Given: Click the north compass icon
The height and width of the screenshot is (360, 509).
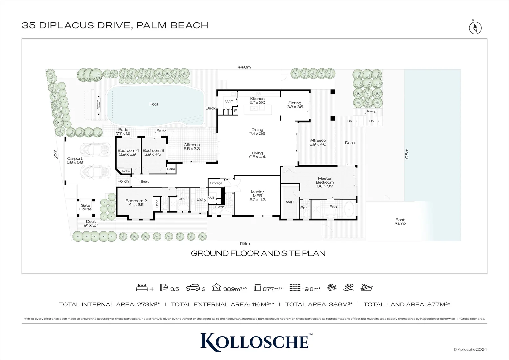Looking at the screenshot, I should [475, 27].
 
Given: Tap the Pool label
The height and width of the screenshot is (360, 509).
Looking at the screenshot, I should [154, 104].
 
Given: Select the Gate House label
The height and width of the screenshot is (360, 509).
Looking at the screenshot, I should [85, 207].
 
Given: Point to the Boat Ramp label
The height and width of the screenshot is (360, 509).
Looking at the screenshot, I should [400, 222].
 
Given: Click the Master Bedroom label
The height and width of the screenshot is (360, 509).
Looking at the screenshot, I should [325, 180].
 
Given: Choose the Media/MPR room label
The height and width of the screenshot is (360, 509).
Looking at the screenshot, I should [257, 196].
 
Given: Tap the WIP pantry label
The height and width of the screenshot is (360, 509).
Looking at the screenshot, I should [229, 102].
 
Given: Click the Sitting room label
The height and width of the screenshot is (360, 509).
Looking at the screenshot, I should [295, 105].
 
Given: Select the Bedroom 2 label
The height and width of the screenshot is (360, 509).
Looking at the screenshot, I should [136, 203].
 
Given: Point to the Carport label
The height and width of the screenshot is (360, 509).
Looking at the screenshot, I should [75, 161].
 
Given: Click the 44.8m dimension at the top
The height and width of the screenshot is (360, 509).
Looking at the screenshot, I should [244, 67].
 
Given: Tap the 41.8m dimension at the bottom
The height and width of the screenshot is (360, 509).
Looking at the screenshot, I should [244, 244].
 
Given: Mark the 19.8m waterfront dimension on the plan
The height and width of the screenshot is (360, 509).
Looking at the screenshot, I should [407, 154].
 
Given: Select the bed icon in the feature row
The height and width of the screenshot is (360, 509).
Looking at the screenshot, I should [142, 288].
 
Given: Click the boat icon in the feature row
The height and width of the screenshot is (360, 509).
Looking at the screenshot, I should [366, 287].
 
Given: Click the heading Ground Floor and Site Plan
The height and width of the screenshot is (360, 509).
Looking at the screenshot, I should [258, 253].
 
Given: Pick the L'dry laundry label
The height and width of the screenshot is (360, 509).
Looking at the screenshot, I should [201, 200].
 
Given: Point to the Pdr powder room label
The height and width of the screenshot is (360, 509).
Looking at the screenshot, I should [303, 208].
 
